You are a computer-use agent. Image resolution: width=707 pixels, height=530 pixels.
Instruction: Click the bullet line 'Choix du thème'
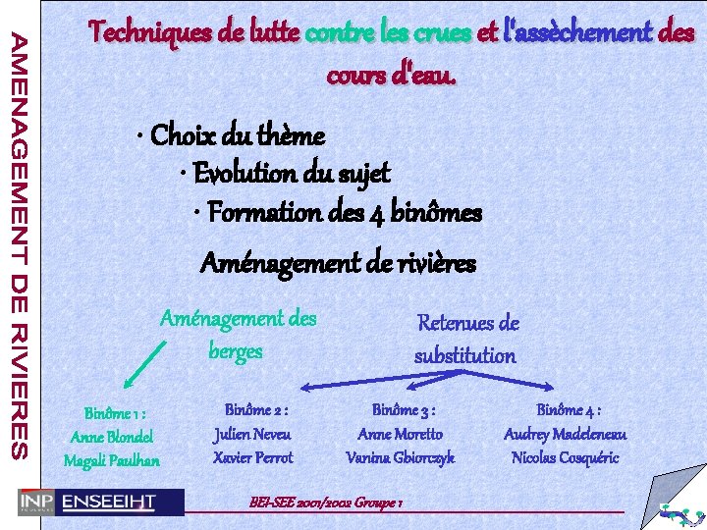pyautogui.click(x=236, y=133)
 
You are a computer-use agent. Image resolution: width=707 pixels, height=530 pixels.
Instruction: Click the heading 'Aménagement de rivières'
pyautogui.click(x=338, y=262)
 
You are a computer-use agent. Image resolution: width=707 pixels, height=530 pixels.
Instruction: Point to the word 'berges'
pyautogui.click(x=236, y=350)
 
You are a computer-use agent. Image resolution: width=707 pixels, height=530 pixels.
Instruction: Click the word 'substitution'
pyautogui.click(x=464, y=355)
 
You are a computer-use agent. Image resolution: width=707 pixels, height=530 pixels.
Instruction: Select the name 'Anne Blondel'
pyautogui.click(x=113, y=437)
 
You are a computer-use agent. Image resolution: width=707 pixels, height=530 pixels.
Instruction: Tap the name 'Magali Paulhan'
pyautogui.click(x=112, y=460)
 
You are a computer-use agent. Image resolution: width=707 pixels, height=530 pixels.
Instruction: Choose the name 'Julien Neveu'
pyautogui.click(x=253, y=433)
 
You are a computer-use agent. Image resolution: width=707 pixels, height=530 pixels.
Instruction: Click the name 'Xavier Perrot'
pyautogui.click(x=253, y=457)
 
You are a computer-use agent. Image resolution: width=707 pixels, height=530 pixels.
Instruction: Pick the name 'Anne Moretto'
pyautogui.click(x=401, y=433)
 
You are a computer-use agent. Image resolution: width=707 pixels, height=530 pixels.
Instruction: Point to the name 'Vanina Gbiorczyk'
pyautogui.click(x=401, y=457)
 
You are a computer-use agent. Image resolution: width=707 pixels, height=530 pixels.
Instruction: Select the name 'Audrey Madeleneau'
pyautogui.click(x=566, y=433)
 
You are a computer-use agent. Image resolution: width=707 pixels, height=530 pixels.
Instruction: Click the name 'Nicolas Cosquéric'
pyautogui.click(x=566, y=457)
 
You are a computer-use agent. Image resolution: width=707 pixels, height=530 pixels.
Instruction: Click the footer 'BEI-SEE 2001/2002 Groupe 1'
pyautogui.click(x=327, y=502)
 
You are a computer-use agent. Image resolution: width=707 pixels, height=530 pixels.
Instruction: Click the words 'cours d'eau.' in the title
pyautogui.click(x=391, y=75)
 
